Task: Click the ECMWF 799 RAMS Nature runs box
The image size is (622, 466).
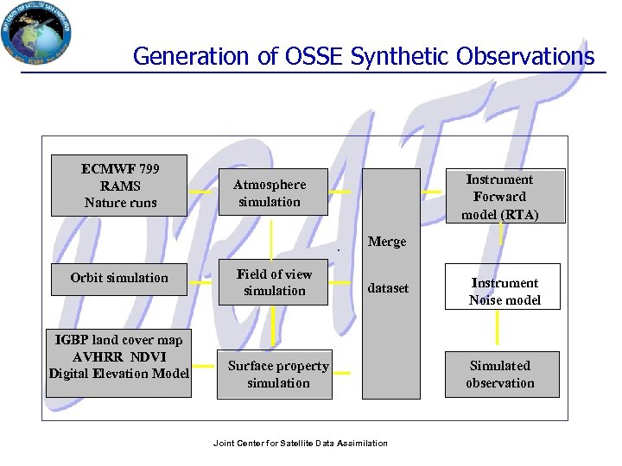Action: pyautogui.click(x=119, y=186)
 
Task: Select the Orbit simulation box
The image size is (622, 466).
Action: pyautogui.click(x=119, y=278)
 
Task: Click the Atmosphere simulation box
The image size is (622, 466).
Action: pyautogui.click(x=271, y=192)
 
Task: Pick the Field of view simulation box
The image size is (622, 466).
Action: pyautogui.click(x=274, y=282)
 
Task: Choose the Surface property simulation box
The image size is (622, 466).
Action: pyautogui.click(x=274, y=375)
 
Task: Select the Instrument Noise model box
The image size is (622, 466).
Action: pyautogui.click(x=504, y=291)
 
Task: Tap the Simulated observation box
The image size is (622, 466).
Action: pyautogui.click(x=500, y=374)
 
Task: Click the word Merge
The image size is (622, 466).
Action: pyautogui.click(x=387, y=242)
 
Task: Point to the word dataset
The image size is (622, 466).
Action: pyautogui.click(x=388, y=288)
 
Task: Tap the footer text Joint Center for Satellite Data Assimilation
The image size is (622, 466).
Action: pyautogui.click(x=300, y=444)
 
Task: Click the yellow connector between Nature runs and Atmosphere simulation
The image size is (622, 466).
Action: pyautogui.click(x=200, y=192)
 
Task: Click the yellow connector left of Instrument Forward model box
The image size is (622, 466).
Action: pyautogui.click(x=432, y=191)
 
